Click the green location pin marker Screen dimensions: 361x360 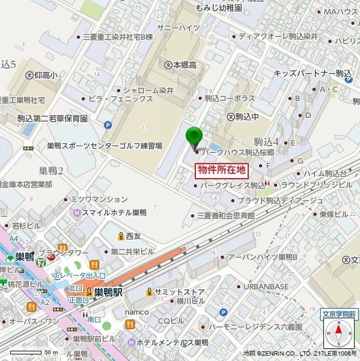[x=193, y=138]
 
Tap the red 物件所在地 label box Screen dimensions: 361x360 [x=222, y=170]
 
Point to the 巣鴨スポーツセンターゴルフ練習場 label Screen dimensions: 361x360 [x=105, y=146]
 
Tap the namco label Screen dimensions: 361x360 [x=136, y=313]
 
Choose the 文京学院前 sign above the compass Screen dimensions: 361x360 [x=338, y=313]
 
